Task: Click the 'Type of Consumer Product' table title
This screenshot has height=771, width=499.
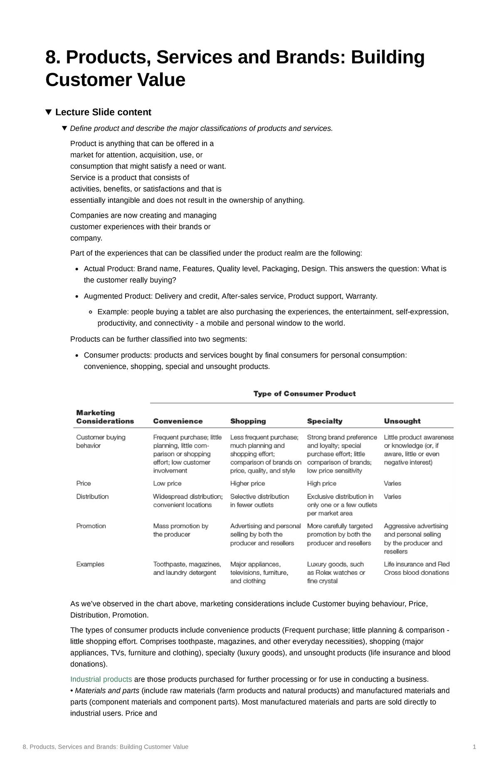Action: pos(304,394)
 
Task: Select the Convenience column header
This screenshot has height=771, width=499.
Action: pos(178,421)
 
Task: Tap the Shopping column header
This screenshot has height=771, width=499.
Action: pos(248,421)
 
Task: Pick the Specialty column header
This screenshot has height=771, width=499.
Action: pos(324,421)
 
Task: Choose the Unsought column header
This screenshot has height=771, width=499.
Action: pos(402,421)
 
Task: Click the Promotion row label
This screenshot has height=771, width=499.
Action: pos(91,526)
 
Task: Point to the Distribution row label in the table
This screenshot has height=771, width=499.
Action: pos(92,496)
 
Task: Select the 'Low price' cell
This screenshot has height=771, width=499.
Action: pos(167,483)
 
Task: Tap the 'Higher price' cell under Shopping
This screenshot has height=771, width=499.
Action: pos(247,483)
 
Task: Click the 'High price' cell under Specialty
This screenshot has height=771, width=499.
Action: pos(321,483)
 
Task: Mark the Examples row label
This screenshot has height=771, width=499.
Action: pos(90,564)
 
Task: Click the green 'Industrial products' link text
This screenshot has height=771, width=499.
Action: pos(101,679)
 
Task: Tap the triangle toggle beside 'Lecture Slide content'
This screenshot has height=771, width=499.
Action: pos(49,112)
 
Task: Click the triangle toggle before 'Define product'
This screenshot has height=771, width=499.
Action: pos(64,128)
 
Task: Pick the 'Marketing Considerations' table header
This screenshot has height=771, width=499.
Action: pos(105,417)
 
